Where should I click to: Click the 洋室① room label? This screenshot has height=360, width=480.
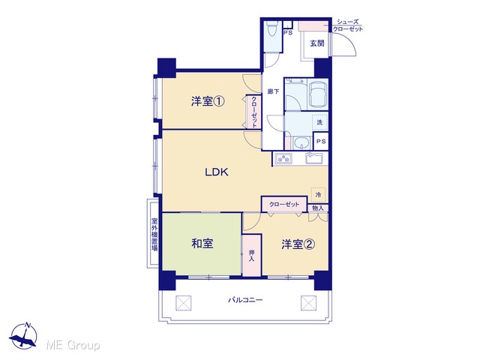click(208, 101)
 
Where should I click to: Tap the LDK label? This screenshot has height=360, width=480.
click(217, 172)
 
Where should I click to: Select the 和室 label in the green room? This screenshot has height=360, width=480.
click(202, 243)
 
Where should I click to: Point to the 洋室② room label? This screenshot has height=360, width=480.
click(298, 244)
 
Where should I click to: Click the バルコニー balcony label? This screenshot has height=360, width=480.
click(245, 300)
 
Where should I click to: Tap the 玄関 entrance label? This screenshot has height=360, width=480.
click(317, 43)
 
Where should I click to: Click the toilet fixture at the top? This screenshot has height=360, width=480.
click(271, 29)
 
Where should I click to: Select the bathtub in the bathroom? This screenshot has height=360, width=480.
click(318, 94)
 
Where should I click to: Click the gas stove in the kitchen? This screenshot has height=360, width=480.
click(283, 158)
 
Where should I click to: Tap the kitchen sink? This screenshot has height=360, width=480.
click(313, 158)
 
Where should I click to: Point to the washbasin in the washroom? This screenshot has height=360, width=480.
click(302, 143)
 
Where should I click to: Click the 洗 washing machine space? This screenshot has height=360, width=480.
click(319, 122)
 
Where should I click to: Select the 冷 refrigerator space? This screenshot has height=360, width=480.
click(318, 194)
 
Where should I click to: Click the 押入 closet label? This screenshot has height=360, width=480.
click(252, 256)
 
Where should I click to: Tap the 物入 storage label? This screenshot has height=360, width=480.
click(318, 208)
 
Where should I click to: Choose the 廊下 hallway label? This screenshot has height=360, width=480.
click(273, 91)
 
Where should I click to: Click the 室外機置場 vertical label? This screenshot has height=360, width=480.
click(154, 235)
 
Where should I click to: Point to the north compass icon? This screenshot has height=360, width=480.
click(23, 335)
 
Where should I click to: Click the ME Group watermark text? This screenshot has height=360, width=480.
click(73, 345)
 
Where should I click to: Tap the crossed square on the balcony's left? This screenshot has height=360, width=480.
click(183, 303)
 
